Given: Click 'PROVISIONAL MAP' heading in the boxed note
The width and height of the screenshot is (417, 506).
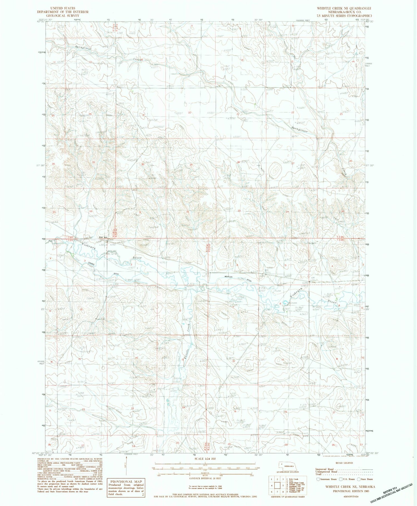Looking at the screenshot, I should coord(126,482).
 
